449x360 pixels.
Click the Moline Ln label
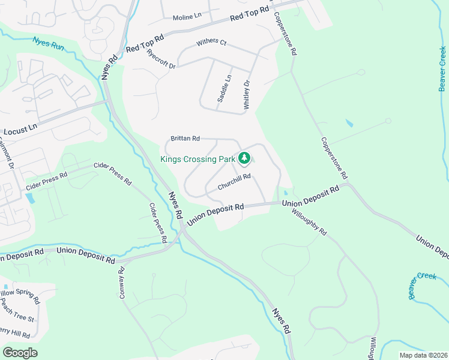click(187, 17)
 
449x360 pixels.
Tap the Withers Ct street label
click(211, 43)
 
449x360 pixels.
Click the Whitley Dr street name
click(246, 95)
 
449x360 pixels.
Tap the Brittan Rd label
click(185, 139)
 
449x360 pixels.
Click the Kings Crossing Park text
click(197, 159)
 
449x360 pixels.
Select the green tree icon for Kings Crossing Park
click(244, 158)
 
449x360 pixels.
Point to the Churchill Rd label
click(234, 182)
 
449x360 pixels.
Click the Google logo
click(20, 353)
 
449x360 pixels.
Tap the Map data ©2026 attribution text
click(423, 355)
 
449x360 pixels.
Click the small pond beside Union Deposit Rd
click(285, 193)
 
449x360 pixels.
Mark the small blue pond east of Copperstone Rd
click(349, 124)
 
